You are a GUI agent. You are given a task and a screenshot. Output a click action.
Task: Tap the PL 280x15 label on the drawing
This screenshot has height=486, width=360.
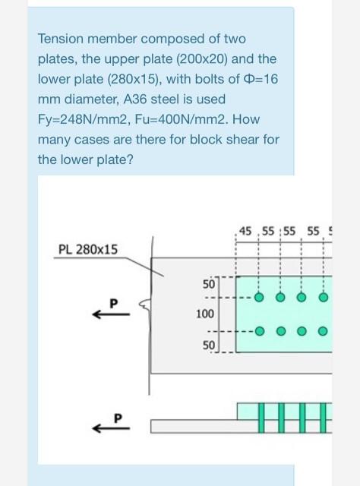(x=88, y=248)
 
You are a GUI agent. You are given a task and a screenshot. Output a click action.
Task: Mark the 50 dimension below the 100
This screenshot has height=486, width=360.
(x=208, y=346)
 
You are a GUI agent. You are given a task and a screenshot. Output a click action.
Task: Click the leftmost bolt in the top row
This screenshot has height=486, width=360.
(x=259, y=298)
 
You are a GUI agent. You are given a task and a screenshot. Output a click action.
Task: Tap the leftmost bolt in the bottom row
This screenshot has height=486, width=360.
(x=259, y=331)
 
